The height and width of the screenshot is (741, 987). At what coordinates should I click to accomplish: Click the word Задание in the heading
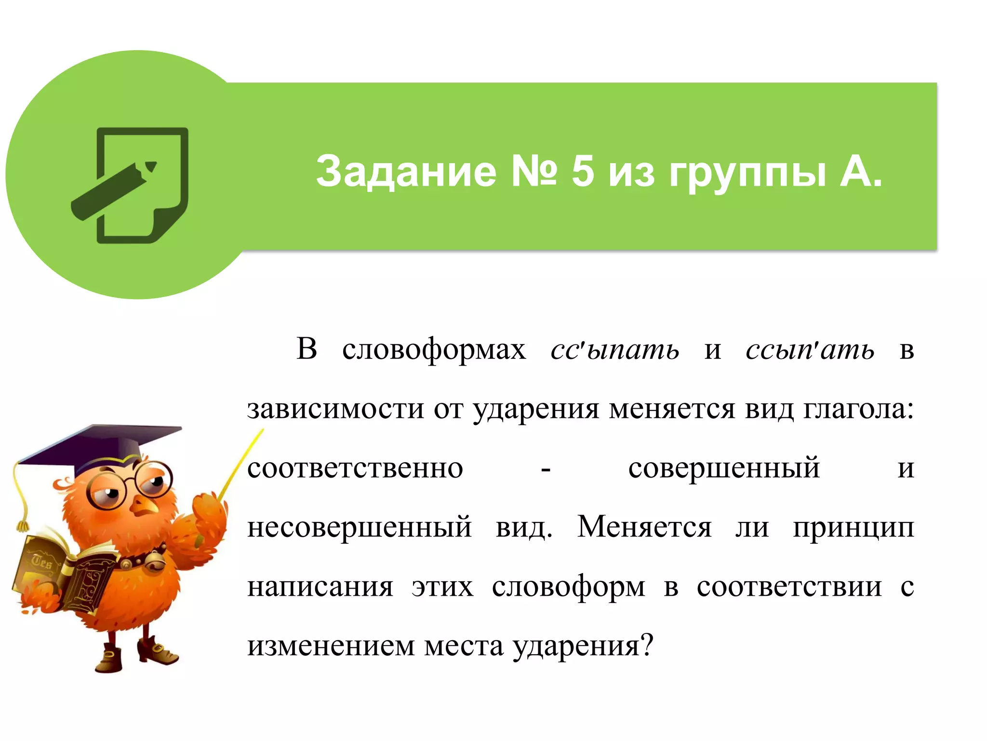pyautogui.click(x=406, y=171)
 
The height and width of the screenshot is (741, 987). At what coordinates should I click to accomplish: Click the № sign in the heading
pyautogui.click(x=534, y=171)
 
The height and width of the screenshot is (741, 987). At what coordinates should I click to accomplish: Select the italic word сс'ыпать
pyautogui.click(x=615, y=349)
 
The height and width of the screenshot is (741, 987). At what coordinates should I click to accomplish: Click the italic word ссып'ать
pyautogui.click(x=810, y=349)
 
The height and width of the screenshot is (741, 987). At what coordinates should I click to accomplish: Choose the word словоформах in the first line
pyautogui.click(x=434, y=349)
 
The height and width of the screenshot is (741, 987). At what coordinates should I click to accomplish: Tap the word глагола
pyautogui.click(x=858, y=409)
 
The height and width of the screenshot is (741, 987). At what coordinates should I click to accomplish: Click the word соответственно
pyautogui.click(x=355, y=468)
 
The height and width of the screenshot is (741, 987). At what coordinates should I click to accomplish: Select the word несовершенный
pyautogui.click(x=360, y=527)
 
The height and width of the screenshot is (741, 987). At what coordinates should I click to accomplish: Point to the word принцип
pyautogui.click(x=853, y=528)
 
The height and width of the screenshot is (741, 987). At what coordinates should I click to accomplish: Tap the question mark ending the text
pyautogui.click(x=647, y=645)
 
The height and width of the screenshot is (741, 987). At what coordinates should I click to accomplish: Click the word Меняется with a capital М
pyautogui.click(x=644, y=527)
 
